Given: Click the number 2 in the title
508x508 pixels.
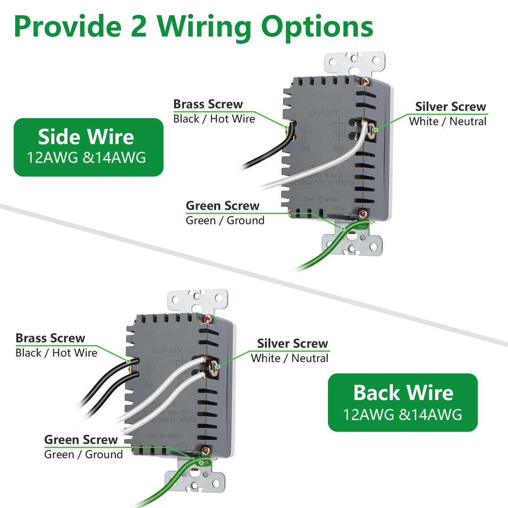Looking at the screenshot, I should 139,27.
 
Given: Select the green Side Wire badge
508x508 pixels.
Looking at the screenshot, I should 88,147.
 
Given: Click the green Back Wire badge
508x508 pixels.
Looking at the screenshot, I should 402,402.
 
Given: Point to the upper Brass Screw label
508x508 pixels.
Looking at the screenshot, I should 208,104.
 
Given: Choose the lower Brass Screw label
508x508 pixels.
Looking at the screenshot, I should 50,338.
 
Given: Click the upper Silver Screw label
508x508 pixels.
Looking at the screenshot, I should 450,107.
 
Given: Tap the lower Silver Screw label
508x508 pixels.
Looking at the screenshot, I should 292,343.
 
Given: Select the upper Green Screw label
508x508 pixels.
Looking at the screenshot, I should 222,206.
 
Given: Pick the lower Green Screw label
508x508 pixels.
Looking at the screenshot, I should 81,439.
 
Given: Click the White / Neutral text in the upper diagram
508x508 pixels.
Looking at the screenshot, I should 447,121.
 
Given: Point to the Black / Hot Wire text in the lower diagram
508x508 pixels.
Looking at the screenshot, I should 56,353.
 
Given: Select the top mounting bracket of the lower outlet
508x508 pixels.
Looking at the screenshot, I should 197,300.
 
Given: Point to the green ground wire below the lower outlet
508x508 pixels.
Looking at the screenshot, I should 158,496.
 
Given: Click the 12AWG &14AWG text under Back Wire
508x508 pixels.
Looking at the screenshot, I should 402,414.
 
